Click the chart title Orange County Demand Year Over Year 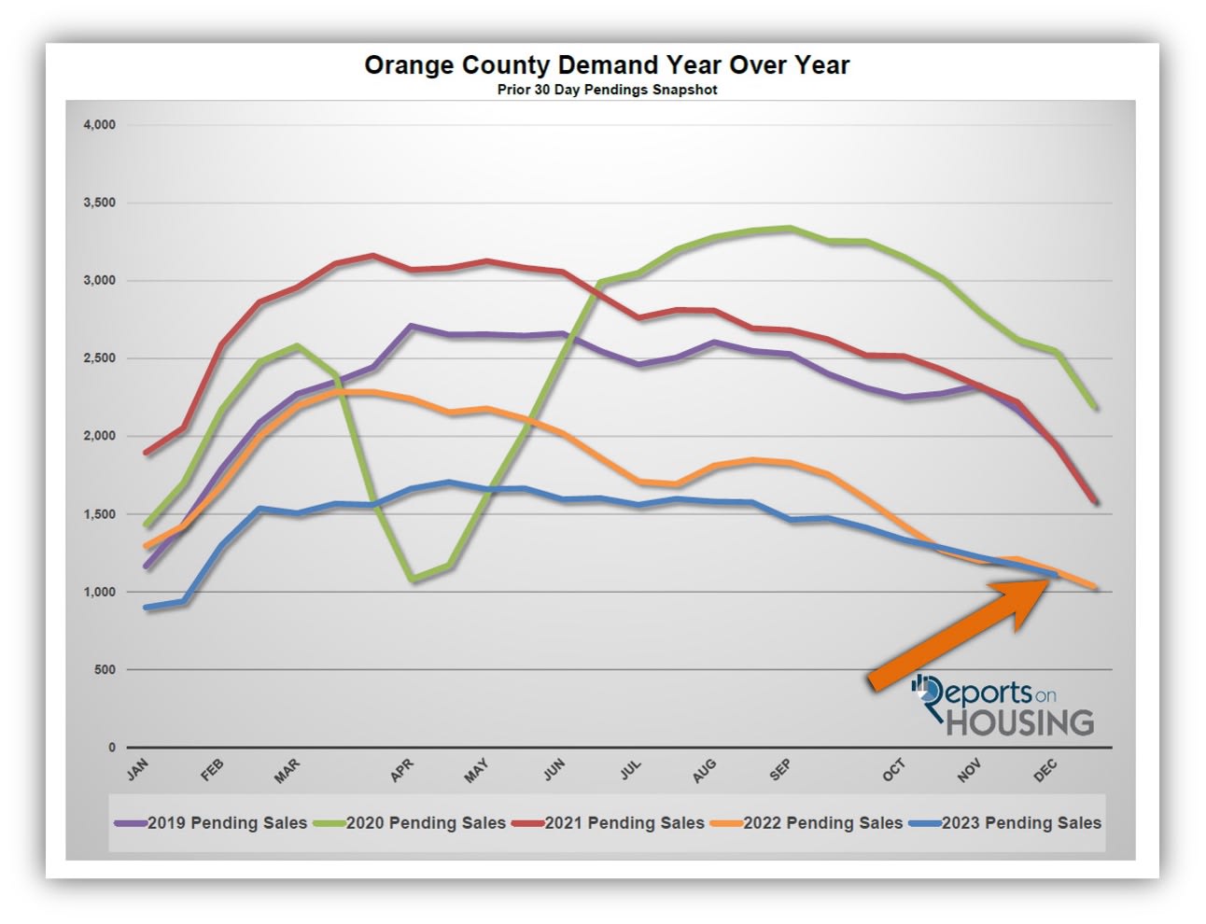607,65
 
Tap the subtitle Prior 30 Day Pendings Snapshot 607,90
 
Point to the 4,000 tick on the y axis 99,125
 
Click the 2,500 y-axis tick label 99,358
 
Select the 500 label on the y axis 105,670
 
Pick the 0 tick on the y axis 112,748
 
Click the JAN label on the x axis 137,770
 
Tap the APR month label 401,770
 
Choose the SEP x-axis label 780,769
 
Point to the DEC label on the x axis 1045,769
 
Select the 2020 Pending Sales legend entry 425,823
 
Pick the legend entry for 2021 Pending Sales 624,823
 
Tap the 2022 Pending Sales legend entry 822,823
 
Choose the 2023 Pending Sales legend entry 1021,823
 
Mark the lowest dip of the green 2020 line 412,580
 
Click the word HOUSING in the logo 1019,722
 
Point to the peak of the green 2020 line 790,228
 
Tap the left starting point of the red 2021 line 147,453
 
